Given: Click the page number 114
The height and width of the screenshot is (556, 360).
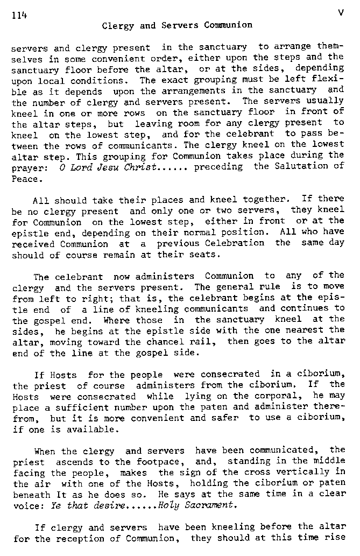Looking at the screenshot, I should (x=19, y=15).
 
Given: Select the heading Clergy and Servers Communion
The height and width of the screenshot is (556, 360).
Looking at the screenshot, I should (x=177, y=25).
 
